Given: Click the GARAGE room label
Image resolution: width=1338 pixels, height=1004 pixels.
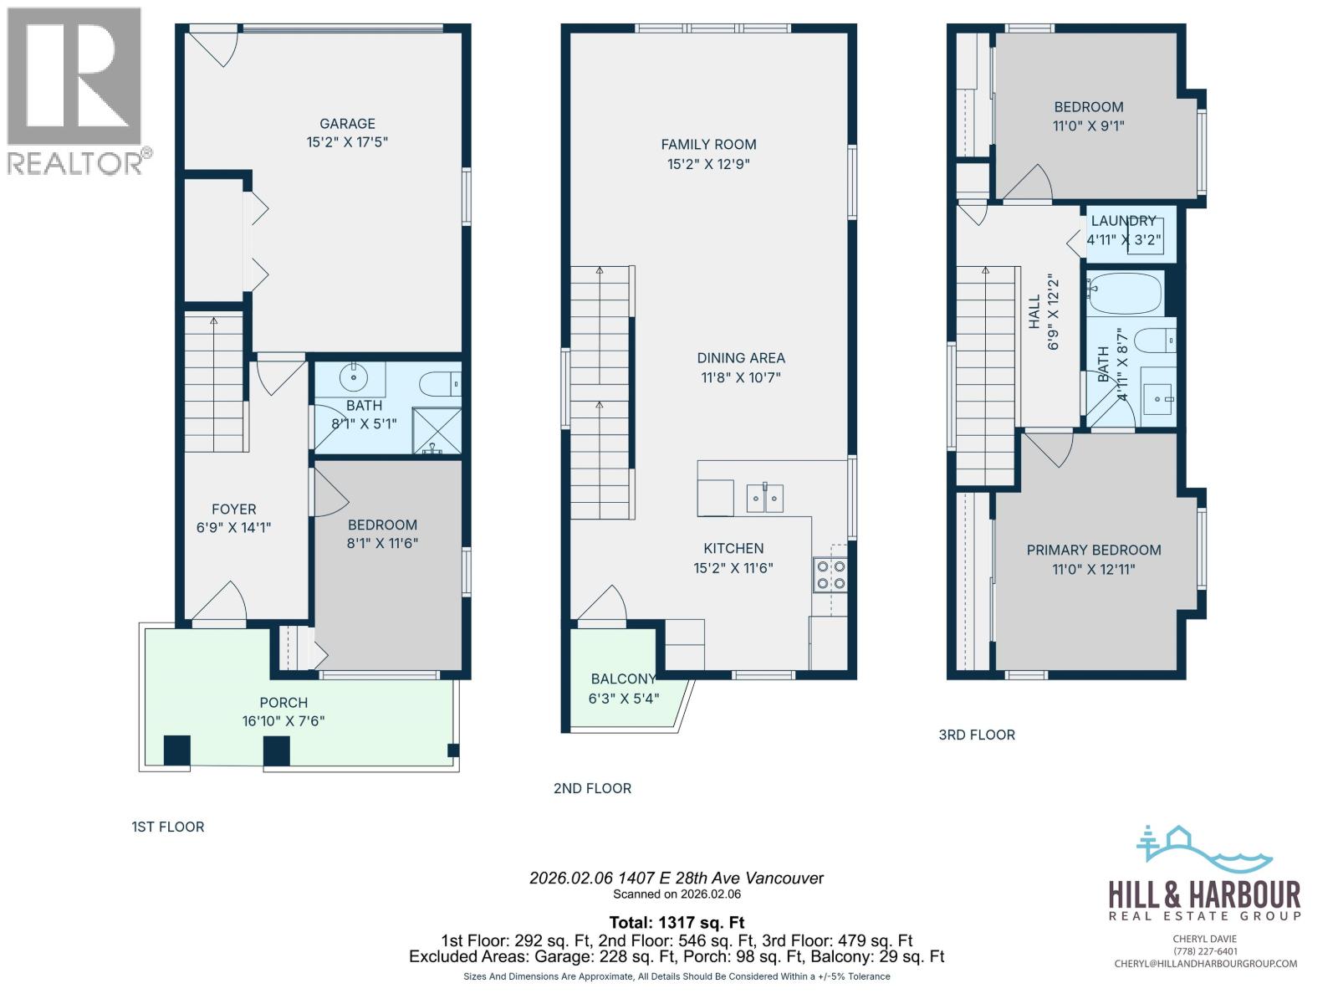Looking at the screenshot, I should click(347, 123).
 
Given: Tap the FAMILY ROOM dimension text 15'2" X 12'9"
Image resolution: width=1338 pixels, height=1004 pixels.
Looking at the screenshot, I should click(708, 164).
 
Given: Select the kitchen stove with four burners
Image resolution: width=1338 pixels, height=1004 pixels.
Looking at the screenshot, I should click(830, 575).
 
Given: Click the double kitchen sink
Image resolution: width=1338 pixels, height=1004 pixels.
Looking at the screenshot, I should click(765, 499).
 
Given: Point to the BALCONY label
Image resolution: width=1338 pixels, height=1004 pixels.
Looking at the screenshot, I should click(623, 679).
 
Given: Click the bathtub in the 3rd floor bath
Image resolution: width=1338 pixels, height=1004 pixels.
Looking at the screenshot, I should click(1126, 293).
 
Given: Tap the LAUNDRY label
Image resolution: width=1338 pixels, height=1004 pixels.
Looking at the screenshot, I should click(1123, 221).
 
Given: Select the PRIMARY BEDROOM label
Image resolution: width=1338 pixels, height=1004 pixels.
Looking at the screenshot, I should click(1093, 550).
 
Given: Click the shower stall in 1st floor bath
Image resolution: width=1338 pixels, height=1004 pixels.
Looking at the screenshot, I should click(437, 431).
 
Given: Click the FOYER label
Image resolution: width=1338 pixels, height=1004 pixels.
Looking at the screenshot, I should click(234, 509).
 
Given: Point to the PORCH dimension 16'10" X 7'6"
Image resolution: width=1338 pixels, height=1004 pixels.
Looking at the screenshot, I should click(283, 720).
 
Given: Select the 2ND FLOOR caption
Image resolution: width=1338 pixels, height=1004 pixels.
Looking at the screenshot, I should click(592, 788).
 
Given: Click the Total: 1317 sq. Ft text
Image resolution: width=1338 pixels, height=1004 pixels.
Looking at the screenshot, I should click(677, 923).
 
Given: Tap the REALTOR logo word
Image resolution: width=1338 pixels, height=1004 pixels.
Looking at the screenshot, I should click(75, 163).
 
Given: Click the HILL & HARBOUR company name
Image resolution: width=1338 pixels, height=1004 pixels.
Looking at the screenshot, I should click(1204, 894).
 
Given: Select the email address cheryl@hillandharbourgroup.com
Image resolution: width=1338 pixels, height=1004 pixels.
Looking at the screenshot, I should click(1205, 964).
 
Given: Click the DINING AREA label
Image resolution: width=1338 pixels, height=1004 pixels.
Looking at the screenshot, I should click(741, 357).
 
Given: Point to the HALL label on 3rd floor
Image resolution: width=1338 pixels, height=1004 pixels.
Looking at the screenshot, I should click(1034, 311).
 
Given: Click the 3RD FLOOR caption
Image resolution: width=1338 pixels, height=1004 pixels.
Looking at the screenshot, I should click(977, 735).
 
